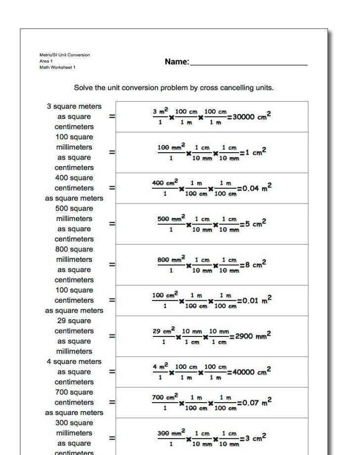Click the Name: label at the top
[x=177, y=62]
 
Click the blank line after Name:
[x=248, y=63]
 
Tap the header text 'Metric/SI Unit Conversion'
[x=64, y=55]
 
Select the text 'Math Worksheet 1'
[x=57, y=67]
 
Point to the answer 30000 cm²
[x=251, y=117]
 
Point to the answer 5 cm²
[x=255, y=223]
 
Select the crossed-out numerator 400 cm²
[x=165, y=183]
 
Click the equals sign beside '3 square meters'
[x=112, y=117]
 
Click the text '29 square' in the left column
[x=74, y=321]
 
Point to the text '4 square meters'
[x=74, y=362]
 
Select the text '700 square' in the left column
[x=74, y=392]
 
